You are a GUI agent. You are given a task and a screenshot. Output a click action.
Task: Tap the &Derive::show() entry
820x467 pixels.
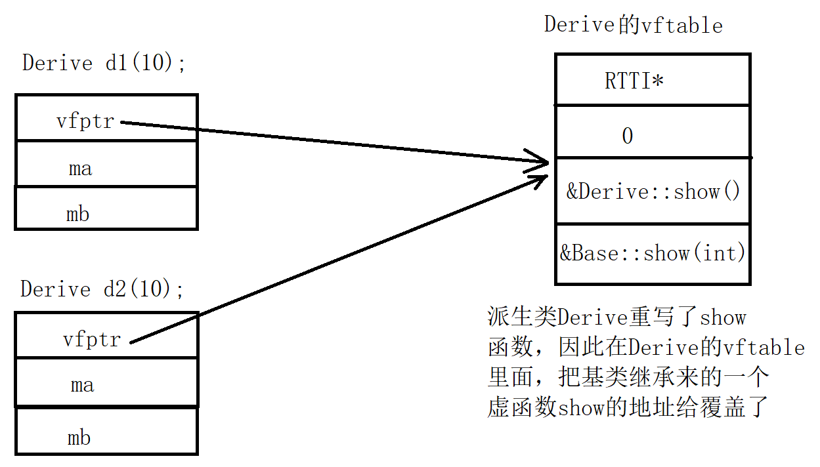point(653,192)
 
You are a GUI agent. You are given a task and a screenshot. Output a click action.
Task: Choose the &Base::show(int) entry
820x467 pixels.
point(653,254)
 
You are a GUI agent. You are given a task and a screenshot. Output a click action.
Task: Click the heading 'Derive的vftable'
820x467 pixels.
point(633,25)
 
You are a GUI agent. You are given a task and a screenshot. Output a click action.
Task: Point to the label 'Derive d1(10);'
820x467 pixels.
point(104,63)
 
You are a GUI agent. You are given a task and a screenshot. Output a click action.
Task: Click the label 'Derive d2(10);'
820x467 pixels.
point(102,289)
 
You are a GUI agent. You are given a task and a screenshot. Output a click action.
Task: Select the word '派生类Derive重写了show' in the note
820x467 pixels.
point(616,317)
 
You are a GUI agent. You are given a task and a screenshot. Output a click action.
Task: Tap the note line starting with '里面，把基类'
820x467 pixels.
point(628,377)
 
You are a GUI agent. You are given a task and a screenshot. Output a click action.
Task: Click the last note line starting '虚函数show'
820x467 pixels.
point(627,407)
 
